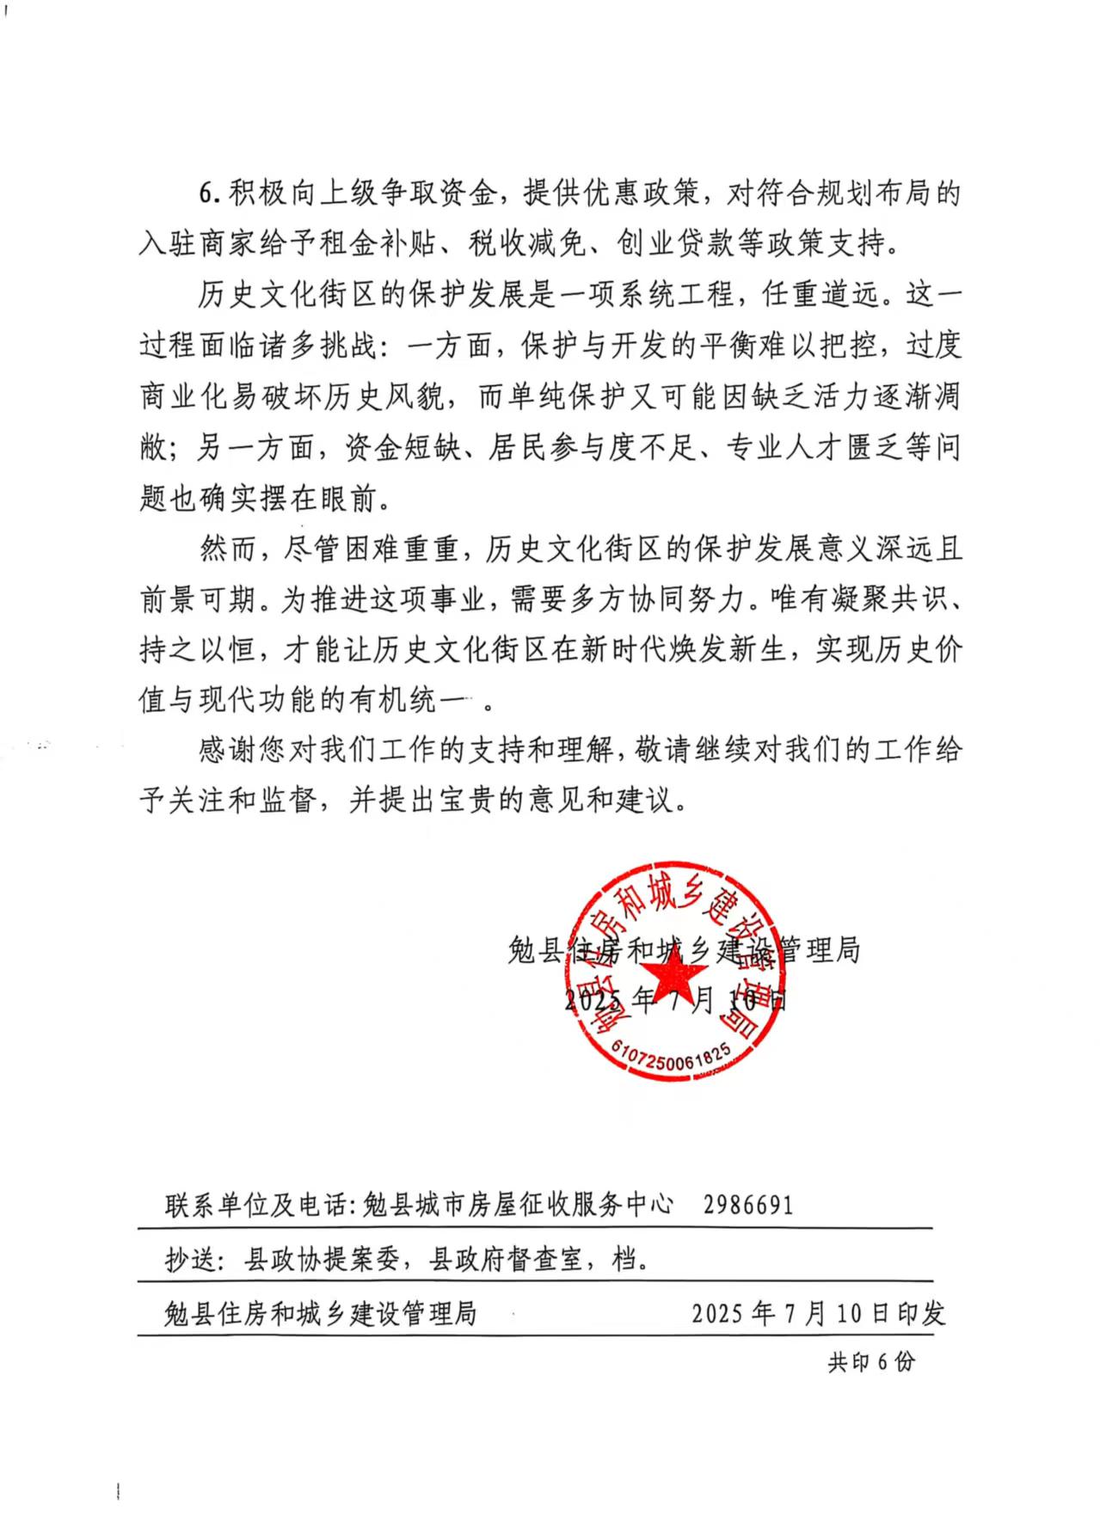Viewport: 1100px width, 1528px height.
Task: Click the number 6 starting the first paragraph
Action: point(206,193)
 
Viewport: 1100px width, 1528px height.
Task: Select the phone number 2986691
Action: point(747,1205)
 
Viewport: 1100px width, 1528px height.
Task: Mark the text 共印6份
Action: point(871,1362)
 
